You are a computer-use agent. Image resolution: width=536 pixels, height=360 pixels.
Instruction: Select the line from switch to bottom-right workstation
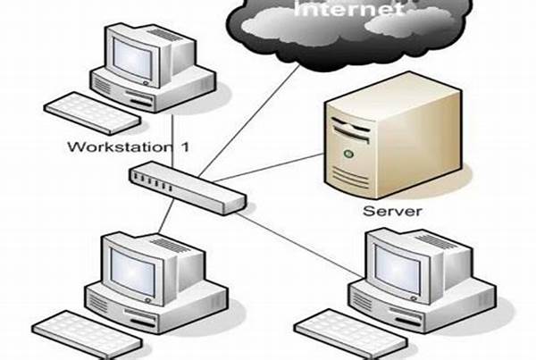(x=304, y=224)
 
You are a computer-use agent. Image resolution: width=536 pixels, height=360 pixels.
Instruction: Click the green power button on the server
(x=344, y=154)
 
